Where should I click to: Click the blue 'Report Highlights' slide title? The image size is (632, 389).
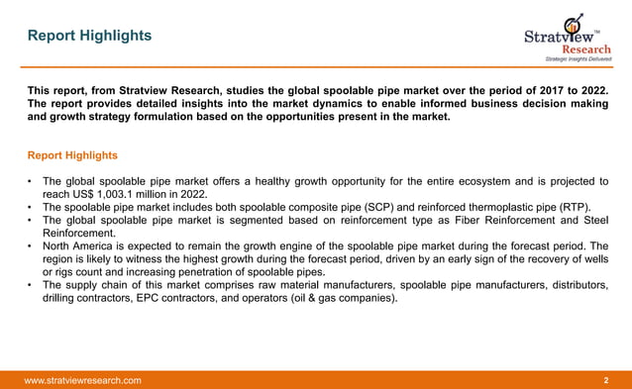[x=90, y=36]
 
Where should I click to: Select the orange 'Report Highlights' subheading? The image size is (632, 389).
[x=72, y=155]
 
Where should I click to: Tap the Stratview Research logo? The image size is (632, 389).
[x=567, y=37]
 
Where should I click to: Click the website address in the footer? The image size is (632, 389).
[x=82, y=380]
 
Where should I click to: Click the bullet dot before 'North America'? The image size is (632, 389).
[x=32, y=245]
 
